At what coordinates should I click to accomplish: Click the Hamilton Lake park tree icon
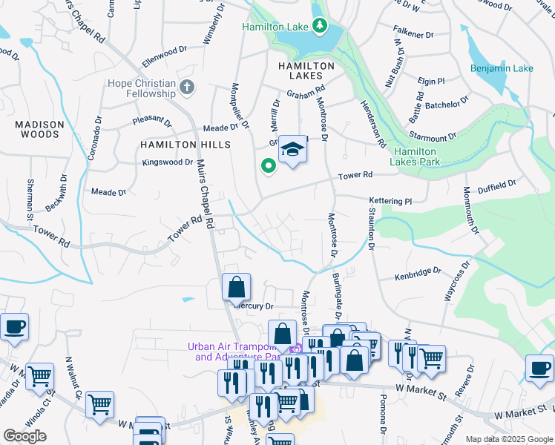[320, 27]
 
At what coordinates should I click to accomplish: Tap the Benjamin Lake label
[502, 68]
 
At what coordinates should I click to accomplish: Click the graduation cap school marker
[292, 151]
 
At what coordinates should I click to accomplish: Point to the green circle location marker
[267, 166]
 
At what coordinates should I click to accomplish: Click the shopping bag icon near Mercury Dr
[236, 287]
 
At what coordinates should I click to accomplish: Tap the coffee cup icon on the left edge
[14, 326]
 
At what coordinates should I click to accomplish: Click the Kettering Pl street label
[390, 201]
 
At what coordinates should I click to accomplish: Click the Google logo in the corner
[24, 436]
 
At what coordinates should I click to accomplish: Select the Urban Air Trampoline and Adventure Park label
[237, 351]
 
